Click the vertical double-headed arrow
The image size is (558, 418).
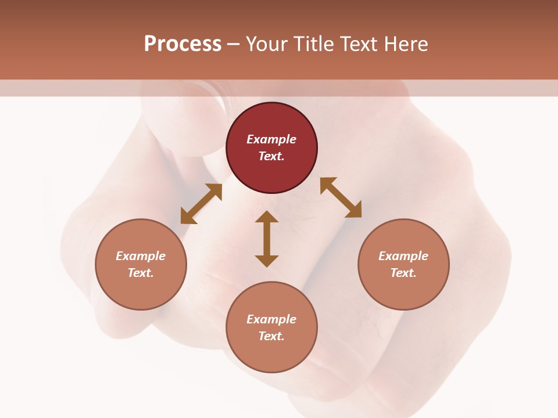point(267,239)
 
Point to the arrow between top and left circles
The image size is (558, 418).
point(201,204)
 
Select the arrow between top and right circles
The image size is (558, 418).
point(341,197)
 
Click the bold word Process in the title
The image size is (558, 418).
point(183,44)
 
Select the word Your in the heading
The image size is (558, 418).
point(267,44)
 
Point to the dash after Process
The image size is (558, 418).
point(233,44)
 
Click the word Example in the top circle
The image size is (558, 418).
point(271,139)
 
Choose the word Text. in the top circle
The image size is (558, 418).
point(271,156)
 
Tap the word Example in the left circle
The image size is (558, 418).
point(141,256)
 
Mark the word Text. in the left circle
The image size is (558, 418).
point(141,273)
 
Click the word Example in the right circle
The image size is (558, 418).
point(403,256)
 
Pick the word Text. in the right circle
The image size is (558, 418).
point(403,273)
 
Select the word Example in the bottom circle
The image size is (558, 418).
point(271,319)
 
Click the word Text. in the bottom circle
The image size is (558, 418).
point(271,336)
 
